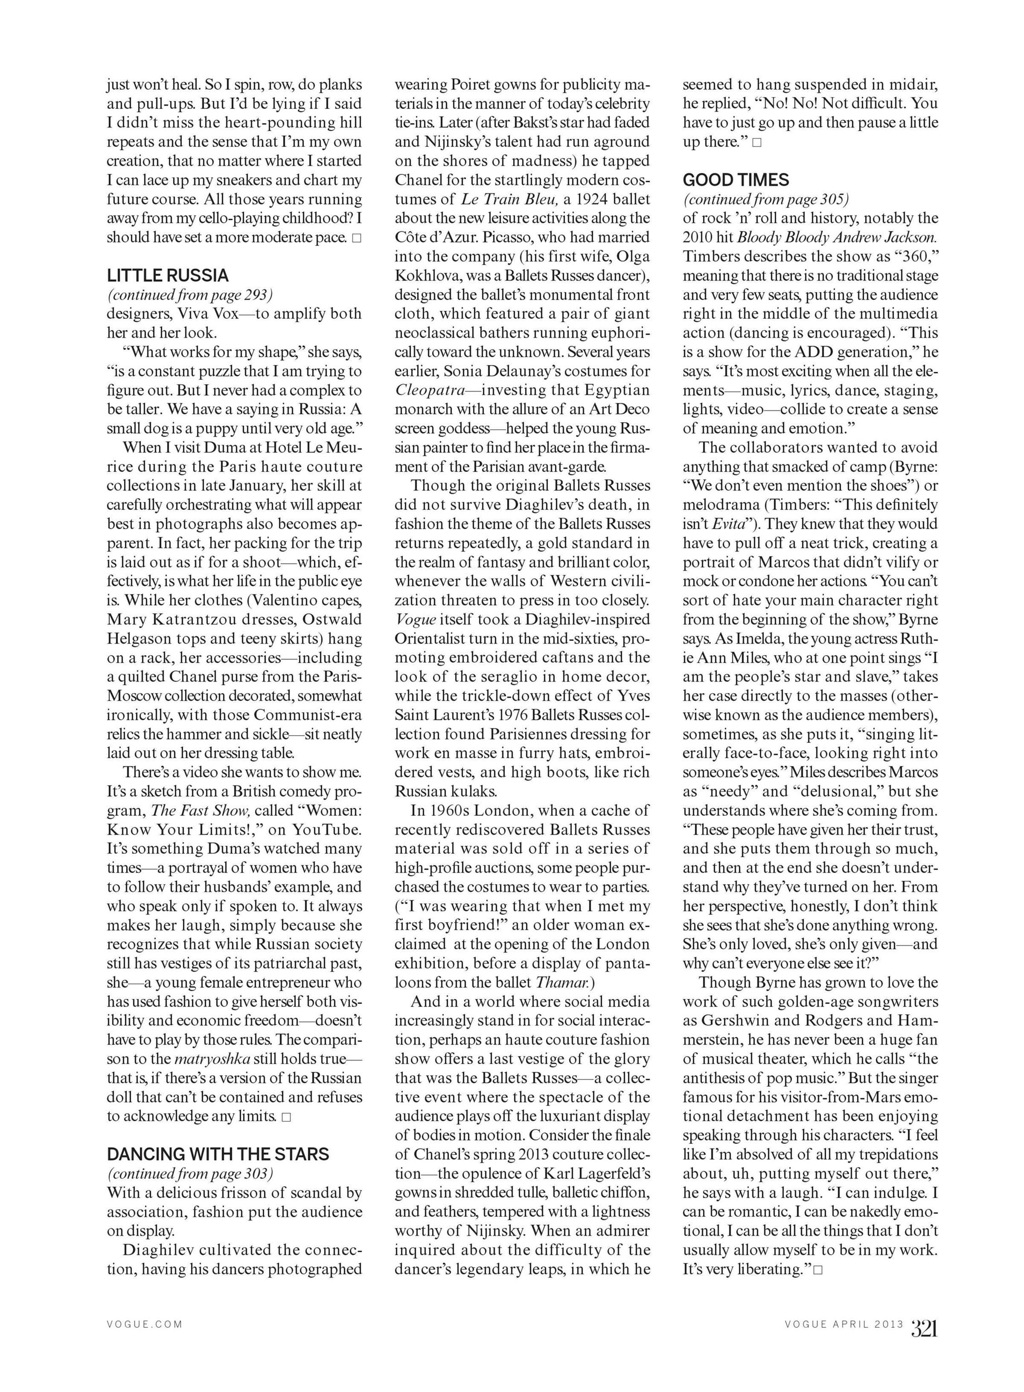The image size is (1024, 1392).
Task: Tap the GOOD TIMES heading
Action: click(x=736, y=180)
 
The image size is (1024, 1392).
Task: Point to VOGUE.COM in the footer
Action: click(x=145, y=1324)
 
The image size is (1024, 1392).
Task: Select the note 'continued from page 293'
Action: click(x=190, y=295)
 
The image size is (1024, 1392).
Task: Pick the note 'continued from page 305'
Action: click(x=766, y=200)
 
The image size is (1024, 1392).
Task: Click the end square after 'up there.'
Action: click(x=757, y=143)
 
